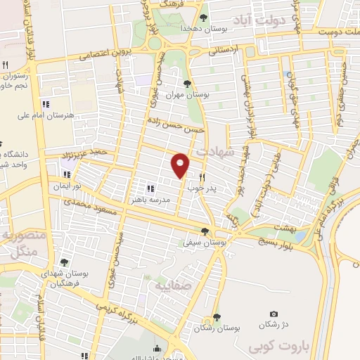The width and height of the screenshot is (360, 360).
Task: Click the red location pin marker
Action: click(181, 165)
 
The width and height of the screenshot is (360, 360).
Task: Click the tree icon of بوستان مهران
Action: click(186, 84)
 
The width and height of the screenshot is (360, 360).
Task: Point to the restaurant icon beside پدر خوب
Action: click(202, 178)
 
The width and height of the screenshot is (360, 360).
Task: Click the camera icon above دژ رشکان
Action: click(274, 314)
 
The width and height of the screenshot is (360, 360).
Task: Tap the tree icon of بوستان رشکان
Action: click(217, 317)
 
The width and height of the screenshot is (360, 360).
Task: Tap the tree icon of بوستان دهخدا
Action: click(203, 18)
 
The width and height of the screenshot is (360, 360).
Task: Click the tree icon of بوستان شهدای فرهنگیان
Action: click(64, 262)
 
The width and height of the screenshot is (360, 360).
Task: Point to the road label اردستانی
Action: click(225, 51)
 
